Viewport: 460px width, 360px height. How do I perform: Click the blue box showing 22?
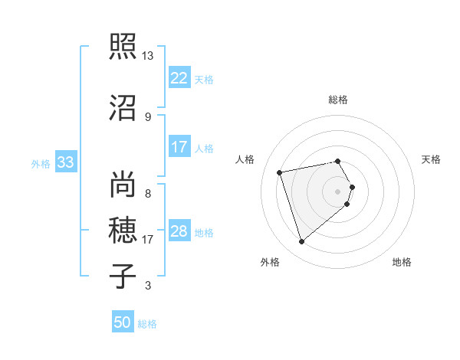click(179, 79)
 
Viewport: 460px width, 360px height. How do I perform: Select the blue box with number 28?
click(179, 231)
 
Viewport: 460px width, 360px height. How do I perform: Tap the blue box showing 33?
click(66, 163)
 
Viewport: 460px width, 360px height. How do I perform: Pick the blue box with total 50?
click(123, 323)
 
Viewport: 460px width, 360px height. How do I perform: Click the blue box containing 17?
click(179, 147)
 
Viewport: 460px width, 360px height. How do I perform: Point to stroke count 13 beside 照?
click(147, 56)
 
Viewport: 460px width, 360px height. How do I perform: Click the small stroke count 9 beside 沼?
click(147, 116)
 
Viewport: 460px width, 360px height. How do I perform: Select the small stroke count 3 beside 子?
click(147, 286)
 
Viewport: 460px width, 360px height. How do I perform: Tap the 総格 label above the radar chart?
click(338, 100)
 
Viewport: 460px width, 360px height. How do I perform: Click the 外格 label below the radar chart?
click(270, 263)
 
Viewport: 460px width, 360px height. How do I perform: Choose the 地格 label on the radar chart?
click(402, 263)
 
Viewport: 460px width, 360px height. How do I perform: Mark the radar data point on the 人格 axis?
click(280, 172)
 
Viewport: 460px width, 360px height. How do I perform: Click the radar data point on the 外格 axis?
click(301, 242)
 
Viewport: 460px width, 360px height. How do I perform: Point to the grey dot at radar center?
click(338, 191)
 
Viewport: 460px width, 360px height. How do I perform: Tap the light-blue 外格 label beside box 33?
click(41, 164)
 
